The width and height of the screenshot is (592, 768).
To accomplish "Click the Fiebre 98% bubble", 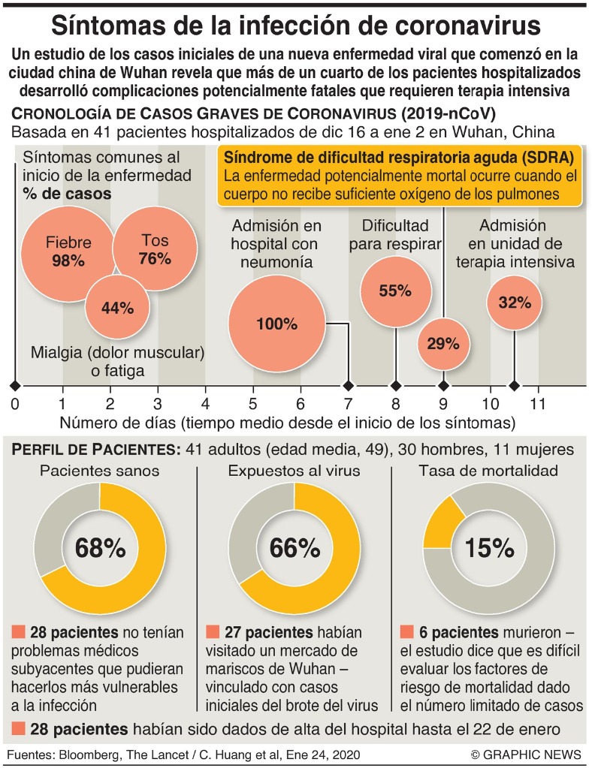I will [x=68, y=251].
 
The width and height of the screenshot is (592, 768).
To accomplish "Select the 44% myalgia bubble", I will [x=117, y=306].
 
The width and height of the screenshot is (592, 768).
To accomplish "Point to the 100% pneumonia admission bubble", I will [x=276, y=324].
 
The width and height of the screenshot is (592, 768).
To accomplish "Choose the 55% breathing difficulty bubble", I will [x=395, y=291].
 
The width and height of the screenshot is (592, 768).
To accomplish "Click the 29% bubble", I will [x=442, y=344].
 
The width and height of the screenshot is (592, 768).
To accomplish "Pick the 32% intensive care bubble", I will [x=515, y=303].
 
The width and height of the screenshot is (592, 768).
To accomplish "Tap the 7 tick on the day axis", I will [x=348, y=403].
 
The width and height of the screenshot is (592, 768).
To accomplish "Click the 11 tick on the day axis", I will [x=537, y=403].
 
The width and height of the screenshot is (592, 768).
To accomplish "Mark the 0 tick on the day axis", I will [x=15, y=403].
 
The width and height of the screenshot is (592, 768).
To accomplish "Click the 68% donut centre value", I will [x=100, y=548].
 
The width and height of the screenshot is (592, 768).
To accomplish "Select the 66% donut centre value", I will [x=294, y=548].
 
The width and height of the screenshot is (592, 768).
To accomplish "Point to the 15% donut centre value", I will [x=488, y=548].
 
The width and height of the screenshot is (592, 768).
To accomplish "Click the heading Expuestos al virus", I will [x=294, y=471].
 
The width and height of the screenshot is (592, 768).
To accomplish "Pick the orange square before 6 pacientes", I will [x=408, y=631].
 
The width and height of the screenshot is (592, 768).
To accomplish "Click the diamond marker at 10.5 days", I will [x=514, y=385].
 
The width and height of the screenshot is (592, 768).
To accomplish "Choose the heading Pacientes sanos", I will [x=100, y=471].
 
